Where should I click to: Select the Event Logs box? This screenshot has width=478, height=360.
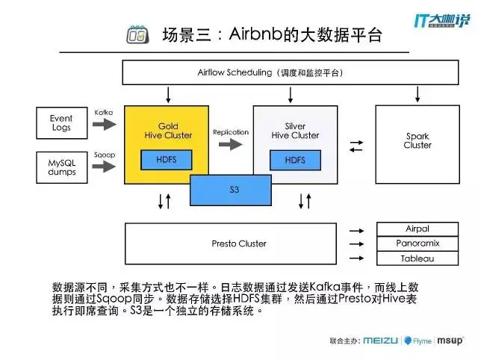[x=61, y=123]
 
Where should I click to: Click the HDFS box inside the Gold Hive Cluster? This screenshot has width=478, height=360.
[x=167, y=160]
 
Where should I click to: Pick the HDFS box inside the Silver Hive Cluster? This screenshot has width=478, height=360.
[x=295, y=160]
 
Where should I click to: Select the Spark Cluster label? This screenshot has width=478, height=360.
[x=418, y=141]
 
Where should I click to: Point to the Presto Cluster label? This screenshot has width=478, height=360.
[x=239, y=243]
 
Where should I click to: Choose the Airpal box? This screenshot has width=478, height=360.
[x=418, y=229]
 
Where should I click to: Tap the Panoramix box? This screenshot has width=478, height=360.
[x=418, y=243]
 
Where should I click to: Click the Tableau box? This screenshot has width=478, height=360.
[x=418, y=258]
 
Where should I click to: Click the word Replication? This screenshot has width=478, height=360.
[x=230, y=132]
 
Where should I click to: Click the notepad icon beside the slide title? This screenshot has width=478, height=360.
[x=137, y=34]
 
